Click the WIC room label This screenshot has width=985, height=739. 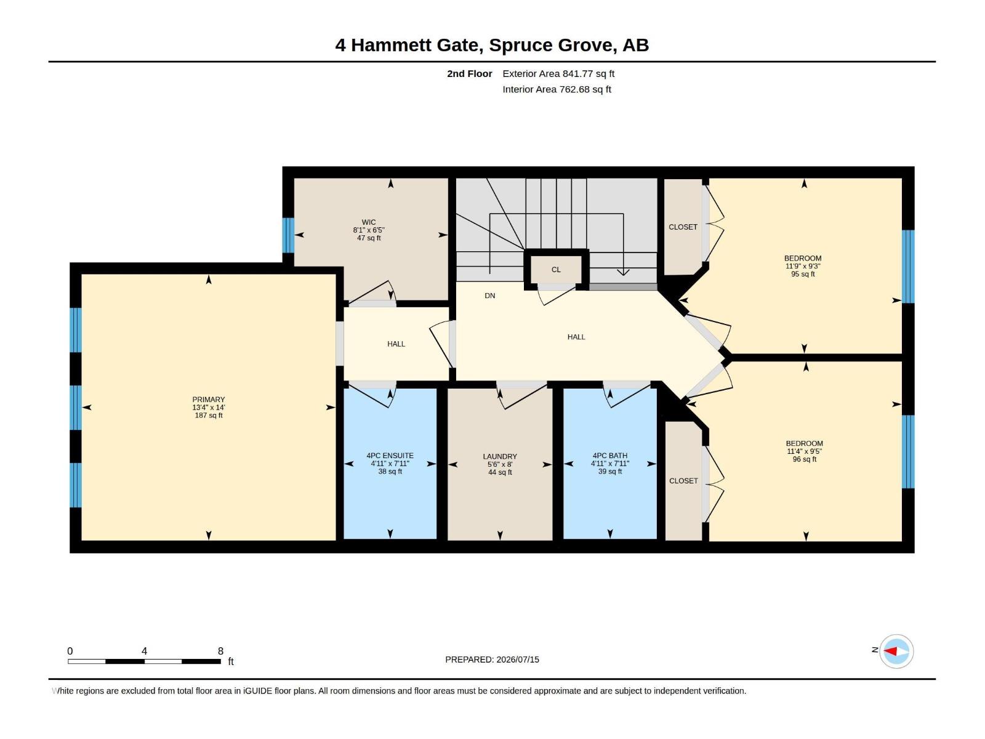coord(368,222)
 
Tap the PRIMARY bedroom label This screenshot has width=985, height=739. coord(208,399)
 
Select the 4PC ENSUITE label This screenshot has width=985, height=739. coord(390,456)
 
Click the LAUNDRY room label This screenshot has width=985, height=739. coord(499,456)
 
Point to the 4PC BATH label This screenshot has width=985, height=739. coord(609,456)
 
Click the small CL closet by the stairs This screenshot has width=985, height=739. coord(556,270)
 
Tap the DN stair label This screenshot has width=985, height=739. coord(489,296)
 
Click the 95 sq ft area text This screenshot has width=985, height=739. coord(802,273)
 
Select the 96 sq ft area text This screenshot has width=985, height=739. coord(804,459)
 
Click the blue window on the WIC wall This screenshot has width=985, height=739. coord(288,235)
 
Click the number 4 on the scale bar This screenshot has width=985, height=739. coord(144,651)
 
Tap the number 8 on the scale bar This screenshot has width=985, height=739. coord(220,651)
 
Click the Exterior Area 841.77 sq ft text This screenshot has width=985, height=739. coord(558,73)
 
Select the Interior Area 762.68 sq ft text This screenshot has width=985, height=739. coord(557,89)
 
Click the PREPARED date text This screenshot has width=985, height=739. coord(492,660)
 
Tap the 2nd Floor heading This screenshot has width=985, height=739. coord(469,73)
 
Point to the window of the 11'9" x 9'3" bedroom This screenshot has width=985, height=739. coord(908,267)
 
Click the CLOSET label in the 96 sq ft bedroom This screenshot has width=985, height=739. coord(683,480)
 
